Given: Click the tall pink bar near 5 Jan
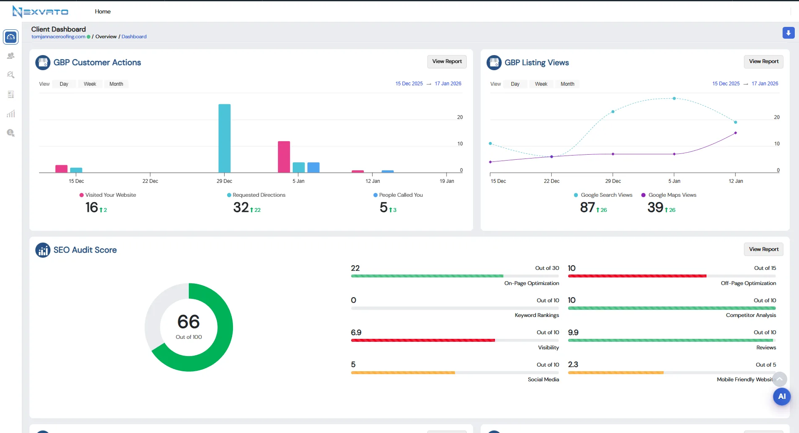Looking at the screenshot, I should tap(284, 157).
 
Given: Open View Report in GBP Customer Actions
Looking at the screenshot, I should tap(447, 61).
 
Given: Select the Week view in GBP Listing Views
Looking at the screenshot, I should tap(541, 84).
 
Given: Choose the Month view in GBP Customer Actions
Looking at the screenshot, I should tap(116, 84).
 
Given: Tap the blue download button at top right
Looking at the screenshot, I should tap(788, 33).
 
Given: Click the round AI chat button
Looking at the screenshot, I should tap(781, 396).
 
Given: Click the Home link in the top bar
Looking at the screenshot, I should tap(103, 11).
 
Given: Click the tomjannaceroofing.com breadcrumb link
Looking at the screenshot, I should tap(58, 37).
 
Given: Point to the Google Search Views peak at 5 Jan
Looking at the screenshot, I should tap(674, 98).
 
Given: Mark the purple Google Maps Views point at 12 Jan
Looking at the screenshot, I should tap(735, 133).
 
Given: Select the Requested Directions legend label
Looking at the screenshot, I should tap(259, 195).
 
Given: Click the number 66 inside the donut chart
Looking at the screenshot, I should tap(188, 322).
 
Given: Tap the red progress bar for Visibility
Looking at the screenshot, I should tap(423, 340).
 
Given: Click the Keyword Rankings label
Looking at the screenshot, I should tap(537, 315).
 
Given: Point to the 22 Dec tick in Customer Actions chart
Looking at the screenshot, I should tap(150, 181).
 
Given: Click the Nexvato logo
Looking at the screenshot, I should tap(40, 11).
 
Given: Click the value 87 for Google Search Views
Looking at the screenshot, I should tap(587, 207).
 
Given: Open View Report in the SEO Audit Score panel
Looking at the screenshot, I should tap(763, 249).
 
